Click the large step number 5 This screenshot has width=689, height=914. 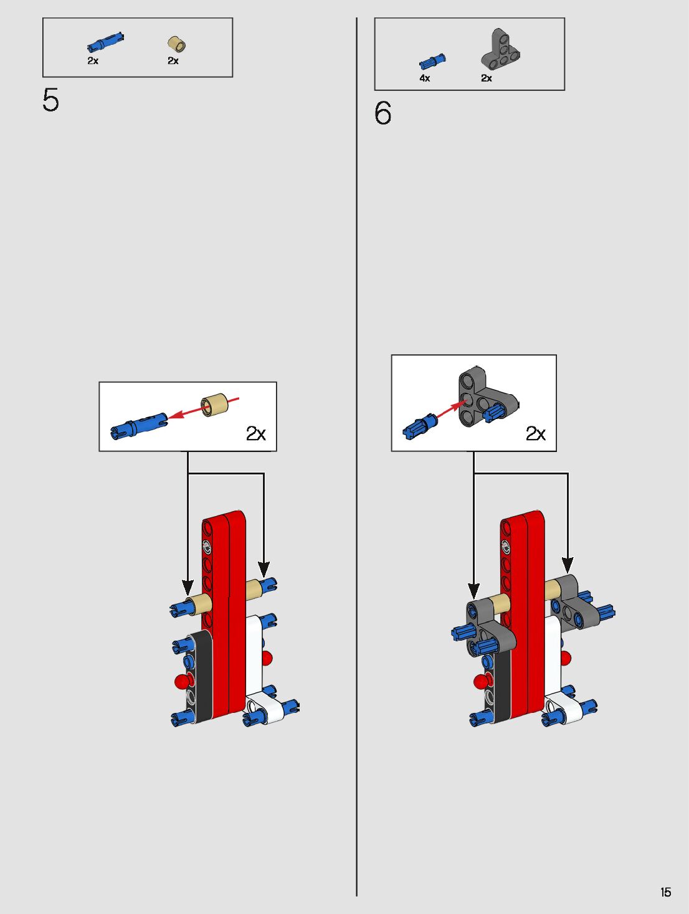(50, 100)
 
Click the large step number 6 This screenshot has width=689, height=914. (383, 113)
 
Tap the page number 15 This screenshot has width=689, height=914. (665, 892)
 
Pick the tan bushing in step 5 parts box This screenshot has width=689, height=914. (177, 44)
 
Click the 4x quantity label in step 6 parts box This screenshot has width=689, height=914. (424, 78)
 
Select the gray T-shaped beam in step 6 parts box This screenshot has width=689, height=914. (501, 49)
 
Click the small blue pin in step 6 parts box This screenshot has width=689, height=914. (432, 61)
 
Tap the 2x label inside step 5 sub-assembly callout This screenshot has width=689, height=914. (255, 433)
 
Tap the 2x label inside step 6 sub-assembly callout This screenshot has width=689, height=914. (535, 433)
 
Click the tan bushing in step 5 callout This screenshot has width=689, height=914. (214, 405)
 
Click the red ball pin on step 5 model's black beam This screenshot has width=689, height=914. (182, 681)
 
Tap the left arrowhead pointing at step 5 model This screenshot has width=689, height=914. (188, 587)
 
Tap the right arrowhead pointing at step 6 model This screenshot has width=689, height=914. (568, 564)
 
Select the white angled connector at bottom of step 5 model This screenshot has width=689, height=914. (265, 710)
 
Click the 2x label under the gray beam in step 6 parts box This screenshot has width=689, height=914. (486, 78)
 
